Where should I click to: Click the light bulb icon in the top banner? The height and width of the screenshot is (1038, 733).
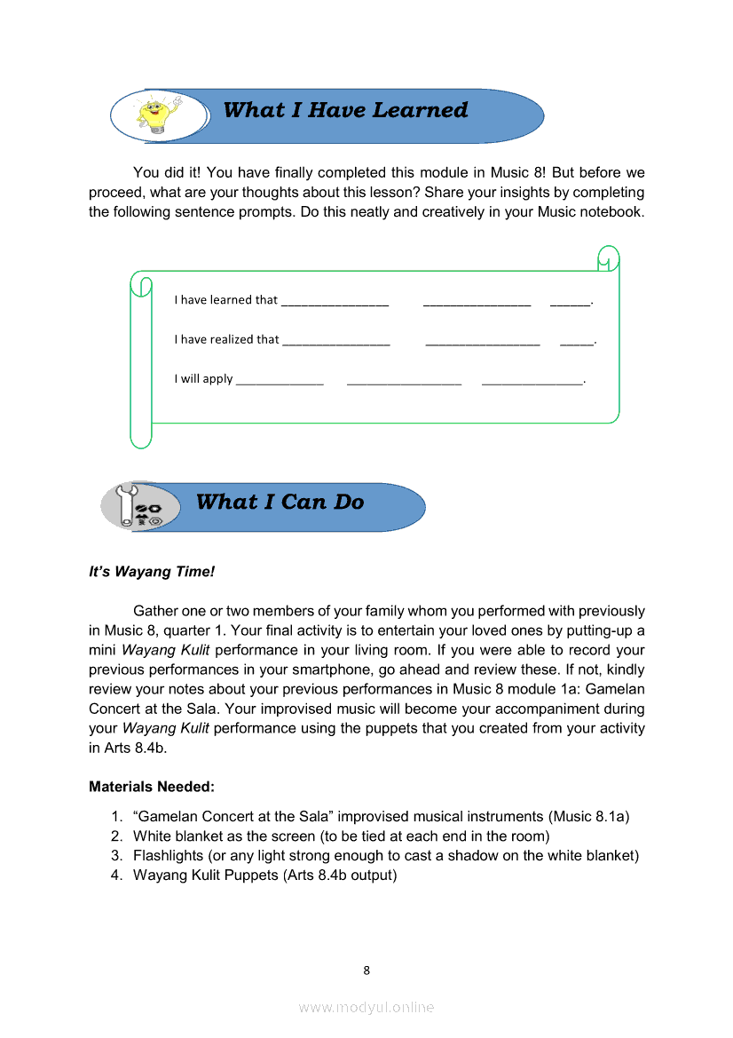click(x=158, y=115)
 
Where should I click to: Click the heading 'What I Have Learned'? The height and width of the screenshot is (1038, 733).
click(x=345, y=110)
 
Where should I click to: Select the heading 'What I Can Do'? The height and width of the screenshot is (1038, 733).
click(x=280, y=502)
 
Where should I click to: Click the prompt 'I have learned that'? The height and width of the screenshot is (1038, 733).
click(x=225, y=300)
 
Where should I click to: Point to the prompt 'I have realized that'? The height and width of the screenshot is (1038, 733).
click(x=226, y=339)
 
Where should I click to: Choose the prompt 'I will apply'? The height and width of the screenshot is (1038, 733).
click(x=203, y=379)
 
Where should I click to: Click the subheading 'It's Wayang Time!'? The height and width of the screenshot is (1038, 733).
click(x=152, y=572)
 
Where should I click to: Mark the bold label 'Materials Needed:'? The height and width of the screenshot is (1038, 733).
click(x=152, y=787)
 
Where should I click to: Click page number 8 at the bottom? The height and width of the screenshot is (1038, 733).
click(x=366, y=971)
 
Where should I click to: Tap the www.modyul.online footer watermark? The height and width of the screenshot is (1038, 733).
click(x=366, y=1007)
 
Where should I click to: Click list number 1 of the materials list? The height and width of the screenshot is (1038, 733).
click(x=116, y=817)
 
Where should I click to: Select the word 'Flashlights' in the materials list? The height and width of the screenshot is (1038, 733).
click(x=169, y=856)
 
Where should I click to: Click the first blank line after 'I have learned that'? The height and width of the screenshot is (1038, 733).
click(x=335, y=303)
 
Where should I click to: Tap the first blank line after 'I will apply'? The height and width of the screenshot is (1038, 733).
click(x=280, y=382)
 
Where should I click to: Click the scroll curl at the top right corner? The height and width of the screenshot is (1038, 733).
click(x=608, y=258)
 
